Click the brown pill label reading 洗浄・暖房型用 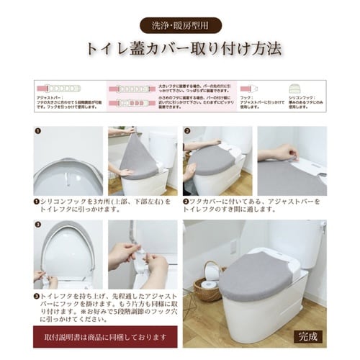[x=179, y=24]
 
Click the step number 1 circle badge [x=38, y=132]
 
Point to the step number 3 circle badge [x=38, y=225]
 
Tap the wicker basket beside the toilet [x=210, y=284]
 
